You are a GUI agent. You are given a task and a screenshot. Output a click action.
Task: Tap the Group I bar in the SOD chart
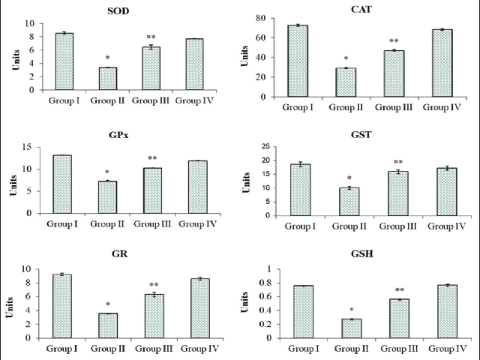(65, 61)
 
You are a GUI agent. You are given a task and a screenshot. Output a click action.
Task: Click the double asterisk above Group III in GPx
(152, 158)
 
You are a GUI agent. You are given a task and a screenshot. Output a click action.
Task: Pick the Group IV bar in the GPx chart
(197, 187)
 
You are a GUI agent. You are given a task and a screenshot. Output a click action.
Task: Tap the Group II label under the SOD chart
(109, 99)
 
